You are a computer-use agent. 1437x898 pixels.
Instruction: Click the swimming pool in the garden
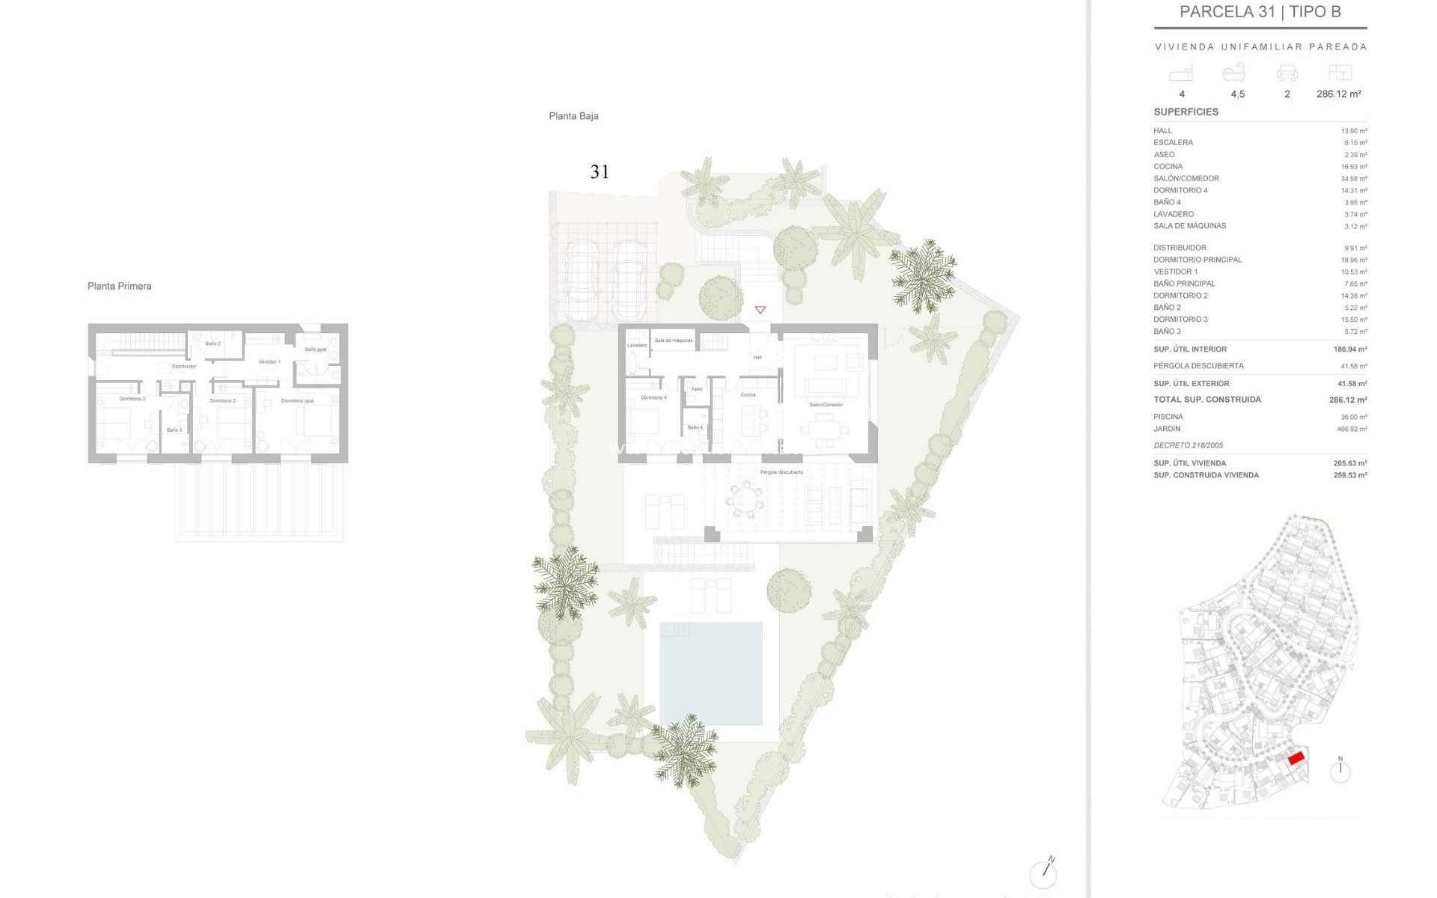[x=710, y=673]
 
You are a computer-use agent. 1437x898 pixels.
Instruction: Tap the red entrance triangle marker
[x=760, y=310]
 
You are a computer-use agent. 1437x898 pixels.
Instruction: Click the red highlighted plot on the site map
[x=1296, y=758]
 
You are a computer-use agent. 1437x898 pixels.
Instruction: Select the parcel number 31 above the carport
[x=599, y=172]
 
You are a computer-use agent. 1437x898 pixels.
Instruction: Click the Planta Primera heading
[x=119, y=286]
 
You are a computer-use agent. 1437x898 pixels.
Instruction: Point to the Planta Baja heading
[x=573, y=116]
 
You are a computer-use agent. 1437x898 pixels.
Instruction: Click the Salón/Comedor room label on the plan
[x=826, y=405]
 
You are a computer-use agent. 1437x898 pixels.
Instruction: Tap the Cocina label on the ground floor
[x=748, y=394]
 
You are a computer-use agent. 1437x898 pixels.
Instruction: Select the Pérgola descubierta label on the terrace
[x=781, y=472]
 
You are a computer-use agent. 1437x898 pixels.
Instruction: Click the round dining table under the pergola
[x=745, y=498]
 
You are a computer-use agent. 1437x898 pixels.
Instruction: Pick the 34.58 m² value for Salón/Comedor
[x=1353, y=179]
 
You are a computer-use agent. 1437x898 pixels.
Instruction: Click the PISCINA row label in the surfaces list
[x=1168, y=417]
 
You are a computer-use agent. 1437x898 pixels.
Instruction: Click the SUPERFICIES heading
[x=1186, y=112]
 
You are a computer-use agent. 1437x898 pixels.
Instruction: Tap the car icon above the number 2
[x=1287, y=73]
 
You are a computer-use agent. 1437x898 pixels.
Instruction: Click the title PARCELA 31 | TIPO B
[x=1260, y=12]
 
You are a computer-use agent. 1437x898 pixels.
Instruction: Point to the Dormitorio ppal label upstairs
[x=297, y=401]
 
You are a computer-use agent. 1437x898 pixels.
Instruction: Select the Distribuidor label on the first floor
[x=184, y=367]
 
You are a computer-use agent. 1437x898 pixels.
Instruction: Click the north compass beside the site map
[x=1340, y=771]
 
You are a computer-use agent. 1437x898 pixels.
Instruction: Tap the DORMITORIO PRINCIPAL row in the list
[x=1197, y=260]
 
